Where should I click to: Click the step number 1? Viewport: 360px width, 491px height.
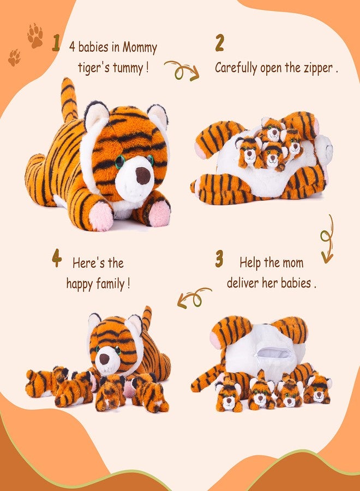(x=56, y=43)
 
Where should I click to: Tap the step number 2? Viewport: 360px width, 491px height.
(x=219, y=43)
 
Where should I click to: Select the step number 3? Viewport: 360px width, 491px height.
(x=219, y=259)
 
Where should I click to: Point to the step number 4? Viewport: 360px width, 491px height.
(x=57, y=258)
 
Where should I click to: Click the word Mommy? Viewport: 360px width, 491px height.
(x=140, y=48)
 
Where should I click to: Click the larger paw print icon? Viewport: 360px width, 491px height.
(x=35, y=35)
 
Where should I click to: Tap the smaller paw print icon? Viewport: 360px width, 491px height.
(x=14, y=58)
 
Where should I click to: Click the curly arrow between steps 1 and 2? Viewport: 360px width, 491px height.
(x=182, y=71)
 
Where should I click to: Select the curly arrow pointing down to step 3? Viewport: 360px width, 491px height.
(x=327, y=239)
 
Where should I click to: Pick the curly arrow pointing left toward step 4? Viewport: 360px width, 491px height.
(x=194, y=297)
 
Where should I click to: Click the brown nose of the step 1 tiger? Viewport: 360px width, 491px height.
(x=143, y=175)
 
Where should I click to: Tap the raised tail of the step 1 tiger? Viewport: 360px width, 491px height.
(x=69, y=100)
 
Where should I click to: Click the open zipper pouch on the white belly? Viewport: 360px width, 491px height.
(x=273, y=353)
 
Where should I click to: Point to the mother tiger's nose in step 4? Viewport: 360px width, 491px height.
(x=104, y=359)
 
